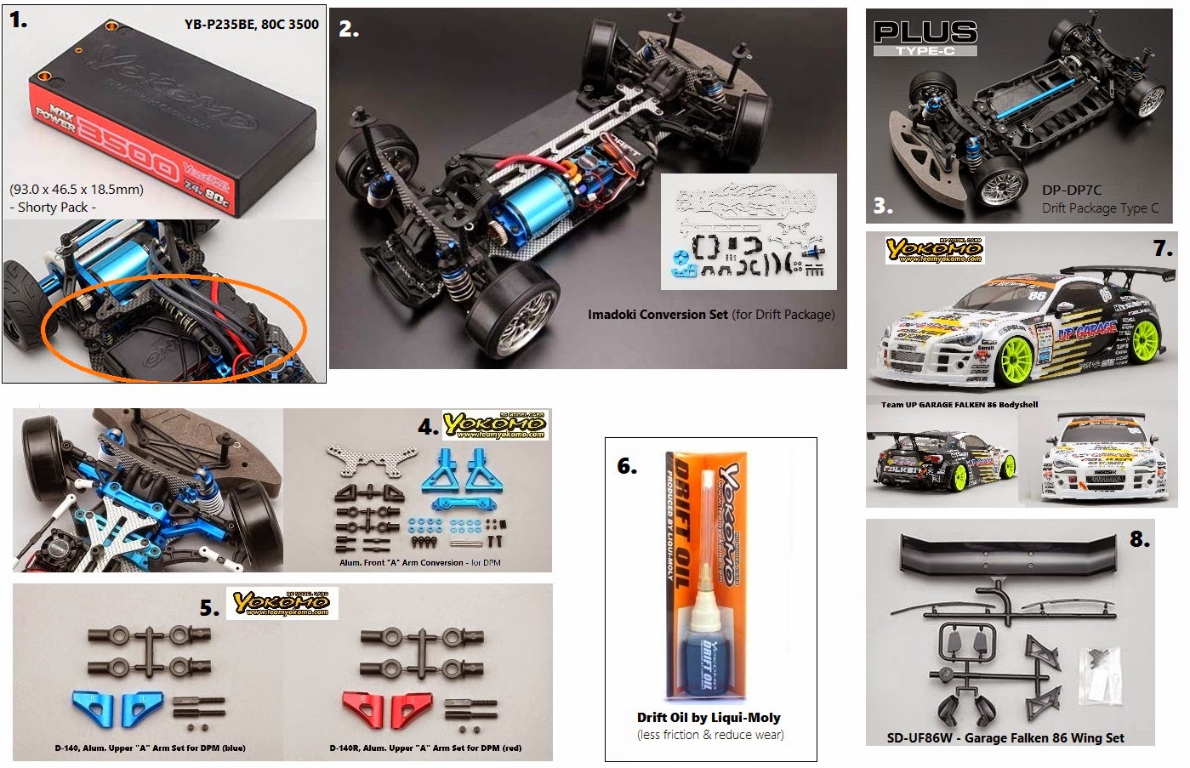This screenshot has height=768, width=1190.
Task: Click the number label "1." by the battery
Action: click(x=19, y=20)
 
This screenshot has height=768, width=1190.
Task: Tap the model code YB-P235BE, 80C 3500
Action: click(x=251, y=25)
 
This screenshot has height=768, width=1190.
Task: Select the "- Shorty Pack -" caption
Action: click(x=53, y=208)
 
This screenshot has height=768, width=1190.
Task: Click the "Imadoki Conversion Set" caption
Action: click(x=658, y=315)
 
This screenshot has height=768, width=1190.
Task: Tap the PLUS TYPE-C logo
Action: click(x=925, y=37)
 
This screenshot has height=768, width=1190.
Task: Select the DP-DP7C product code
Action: click(x=1072, y=191)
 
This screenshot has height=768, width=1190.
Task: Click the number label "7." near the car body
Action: click(x=1163, y=248)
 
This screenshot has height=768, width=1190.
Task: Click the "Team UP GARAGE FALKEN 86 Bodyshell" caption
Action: click(x=959, y=405)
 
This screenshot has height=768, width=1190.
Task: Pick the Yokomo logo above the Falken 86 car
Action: click(x=934, y=249)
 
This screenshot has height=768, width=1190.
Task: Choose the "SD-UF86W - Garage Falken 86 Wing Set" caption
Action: click(x=1005, y=738)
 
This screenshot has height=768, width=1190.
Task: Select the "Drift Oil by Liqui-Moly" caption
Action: click(x=709, y=717)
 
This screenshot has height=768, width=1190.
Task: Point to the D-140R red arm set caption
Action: click(x=425, y=748)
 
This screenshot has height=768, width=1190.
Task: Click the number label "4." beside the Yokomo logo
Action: click(x=428, y=427)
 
